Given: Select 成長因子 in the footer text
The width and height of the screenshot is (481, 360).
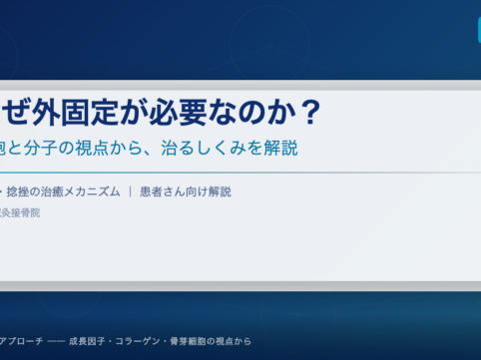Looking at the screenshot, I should coord(90,341).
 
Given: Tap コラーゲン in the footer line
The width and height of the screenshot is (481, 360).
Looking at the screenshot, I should coord(143,341).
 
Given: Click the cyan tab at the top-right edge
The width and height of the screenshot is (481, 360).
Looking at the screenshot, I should coord(478,30).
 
